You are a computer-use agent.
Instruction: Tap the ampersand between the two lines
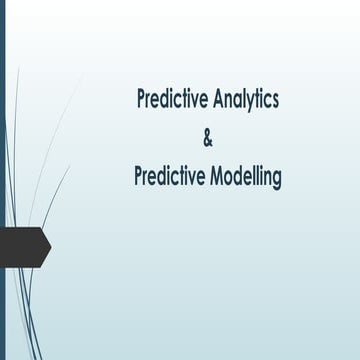click(208, 139)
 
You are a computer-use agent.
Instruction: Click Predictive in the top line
click(170, 100)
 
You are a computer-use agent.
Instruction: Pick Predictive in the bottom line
click(167, 177)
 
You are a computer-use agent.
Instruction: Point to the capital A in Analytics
click(214, 100)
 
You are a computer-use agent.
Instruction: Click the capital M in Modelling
click(212, 177)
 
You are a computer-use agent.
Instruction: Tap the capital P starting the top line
click(142, 100)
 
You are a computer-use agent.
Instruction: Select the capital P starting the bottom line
click(139, 177)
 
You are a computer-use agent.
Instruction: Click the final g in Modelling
click(277, 180)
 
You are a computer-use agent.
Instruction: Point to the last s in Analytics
click(274, 101)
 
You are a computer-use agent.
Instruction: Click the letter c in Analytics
click(265, 101)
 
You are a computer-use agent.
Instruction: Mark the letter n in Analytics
click(225, 101)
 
